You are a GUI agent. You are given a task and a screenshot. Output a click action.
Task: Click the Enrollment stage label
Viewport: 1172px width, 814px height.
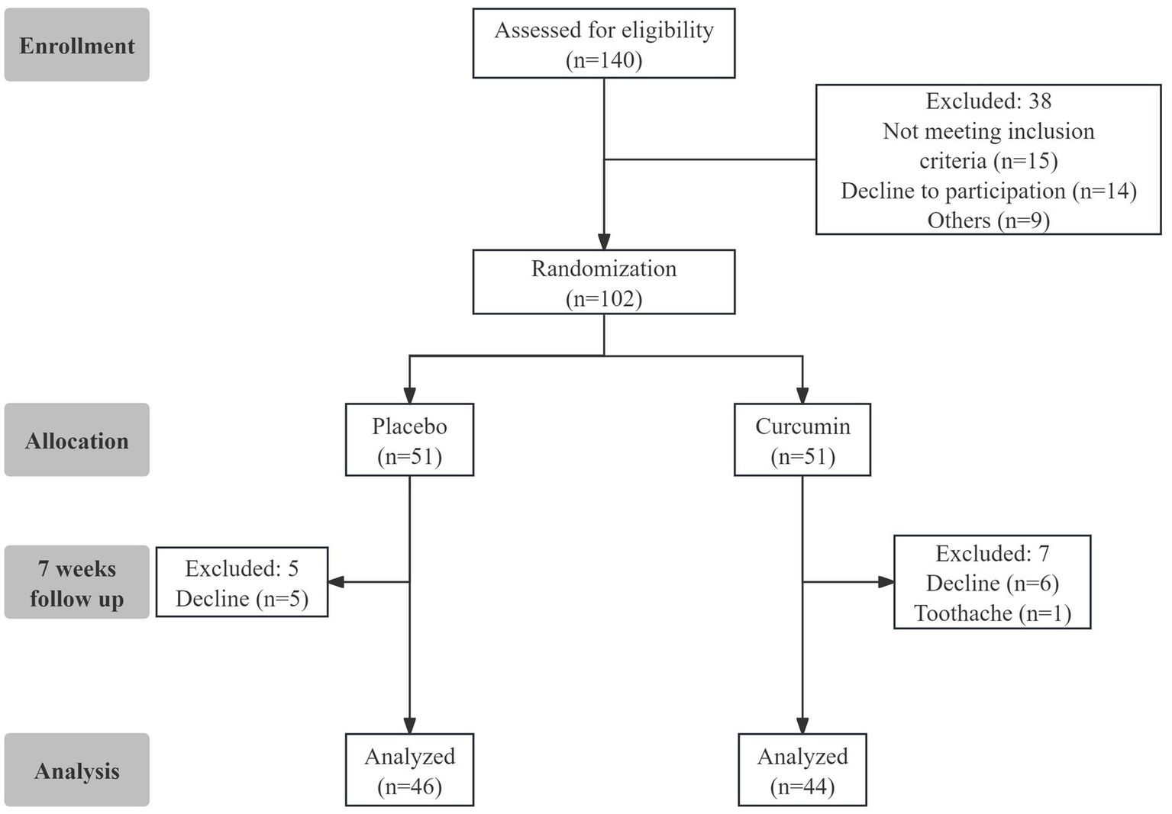76,45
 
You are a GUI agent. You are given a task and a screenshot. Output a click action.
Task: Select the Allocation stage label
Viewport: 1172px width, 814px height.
76,440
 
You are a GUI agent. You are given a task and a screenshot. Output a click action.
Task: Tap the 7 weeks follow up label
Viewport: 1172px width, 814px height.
76,582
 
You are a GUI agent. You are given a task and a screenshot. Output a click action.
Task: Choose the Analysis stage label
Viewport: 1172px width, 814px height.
76,770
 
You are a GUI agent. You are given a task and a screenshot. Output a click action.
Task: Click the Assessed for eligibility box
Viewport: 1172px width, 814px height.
603,43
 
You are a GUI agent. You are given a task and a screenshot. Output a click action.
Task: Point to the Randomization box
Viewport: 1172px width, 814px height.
603,282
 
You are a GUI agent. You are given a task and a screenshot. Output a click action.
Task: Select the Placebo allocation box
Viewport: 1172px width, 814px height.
409,440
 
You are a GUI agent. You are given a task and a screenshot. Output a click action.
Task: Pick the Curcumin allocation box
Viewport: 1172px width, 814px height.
802,440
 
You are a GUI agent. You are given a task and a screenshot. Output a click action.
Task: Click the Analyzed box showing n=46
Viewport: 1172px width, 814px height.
409,770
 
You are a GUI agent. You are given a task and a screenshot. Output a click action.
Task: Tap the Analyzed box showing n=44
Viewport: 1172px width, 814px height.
802,770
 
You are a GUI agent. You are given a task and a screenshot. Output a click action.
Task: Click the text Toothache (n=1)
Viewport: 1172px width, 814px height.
992,613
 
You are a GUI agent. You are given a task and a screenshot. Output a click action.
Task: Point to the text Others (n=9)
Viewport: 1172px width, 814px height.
988,220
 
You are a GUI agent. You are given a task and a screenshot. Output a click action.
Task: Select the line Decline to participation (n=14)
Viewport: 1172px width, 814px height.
988,191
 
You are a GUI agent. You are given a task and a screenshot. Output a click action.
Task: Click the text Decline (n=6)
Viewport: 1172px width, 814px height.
992,584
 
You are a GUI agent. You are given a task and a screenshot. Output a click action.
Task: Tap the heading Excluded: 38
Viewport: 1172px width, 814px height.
988,101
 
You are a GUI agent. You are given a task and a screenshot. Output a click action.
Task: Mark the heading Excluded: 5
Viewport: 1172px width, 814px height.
241,568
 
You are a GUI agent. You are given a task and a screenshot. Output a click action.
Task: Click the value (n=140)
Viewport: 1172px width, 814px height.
603,60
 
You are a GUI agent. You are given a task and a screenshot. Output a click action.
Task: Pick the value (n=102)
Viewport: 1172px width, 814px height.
603,298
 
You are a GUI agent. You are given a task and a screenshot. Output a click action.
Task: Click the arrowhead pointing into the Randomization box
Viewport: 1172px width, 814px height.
604,242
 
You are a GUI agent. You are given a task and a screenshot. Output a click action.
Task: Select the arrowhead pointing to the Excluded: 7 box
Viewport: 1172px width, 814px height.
886,582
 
